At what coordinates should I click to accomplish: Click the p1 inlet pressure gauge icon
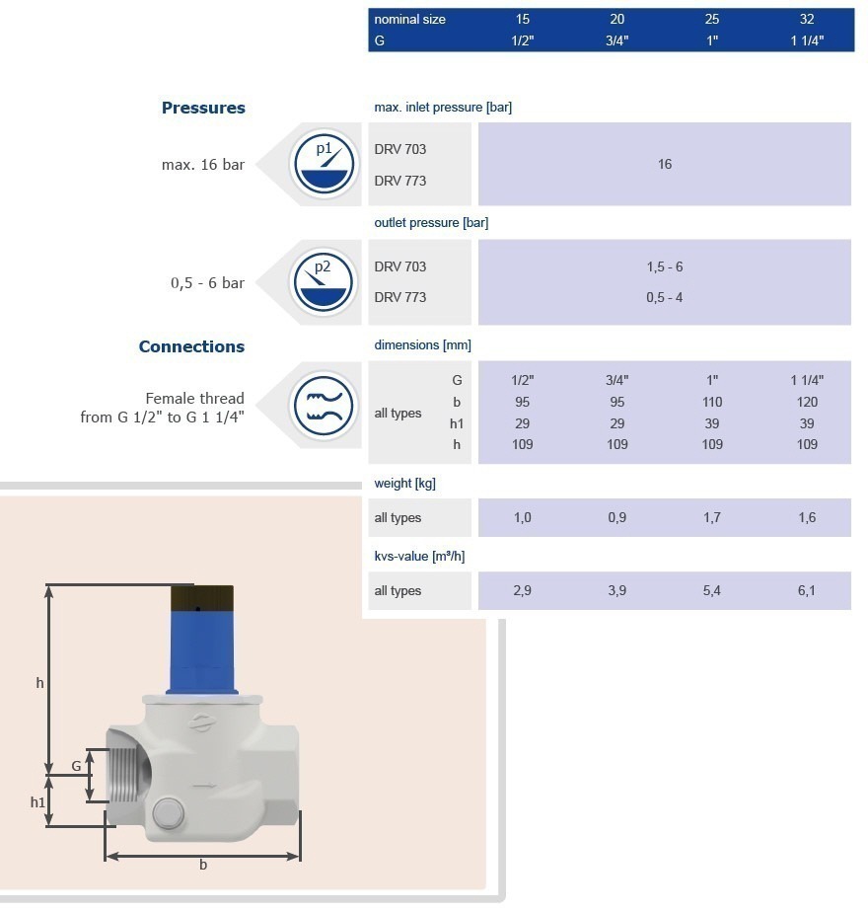pyautogui.click(x=324, y=165)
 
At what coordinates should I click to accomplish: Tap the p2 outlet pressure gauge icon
pyautogui.click(x=324, y=282)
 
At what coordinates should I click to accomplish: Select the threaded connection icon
pyautogui.click(x=324, y=405)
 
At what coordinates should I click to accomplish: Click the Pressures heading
pyautogui.click(x=203, y=109)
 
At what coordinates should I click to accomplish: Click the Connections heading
pyautogui.click(x=191, y=346)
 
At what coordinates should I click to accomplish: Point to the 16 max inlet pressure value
pyautogui.click(x=665, y=165)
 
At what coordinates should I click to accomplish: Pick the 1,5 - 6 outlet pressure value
pyautogui.click(x=665, y=267)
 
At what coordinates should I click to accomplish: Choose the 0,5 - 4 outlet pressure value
pyautogui.click(x=665, y=297)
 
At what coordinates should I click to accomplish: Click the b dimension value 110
pyautogui.click(x=712, y=402)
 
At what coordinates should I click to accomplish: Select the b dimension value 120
pyautogui.click(x=807, y=402)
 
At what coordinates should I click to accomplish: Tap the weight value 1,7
pyautogui.click(x=712, y=518)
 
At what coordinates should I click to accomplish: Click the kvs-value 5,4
pyautogui.click(x=712, y=591)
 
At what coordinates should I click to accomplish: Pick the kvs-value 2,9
pyautogui.click(x=523, y=591)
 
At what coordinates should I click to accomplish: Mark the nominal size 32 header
pyautogui.click(x=807, y=19)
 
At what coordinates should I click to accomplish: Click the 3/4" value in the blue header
pyautogui.click(x=616, y=40)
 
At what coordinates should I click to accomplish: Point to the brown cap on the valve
pyautogui.click(x=201, y=598)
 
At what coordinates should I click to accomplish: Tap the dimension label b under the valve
pyautogui.click(x=203, y=866)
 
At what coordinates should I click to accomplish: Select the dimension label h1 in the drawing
pyautogui.click(x=37, y=802)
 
